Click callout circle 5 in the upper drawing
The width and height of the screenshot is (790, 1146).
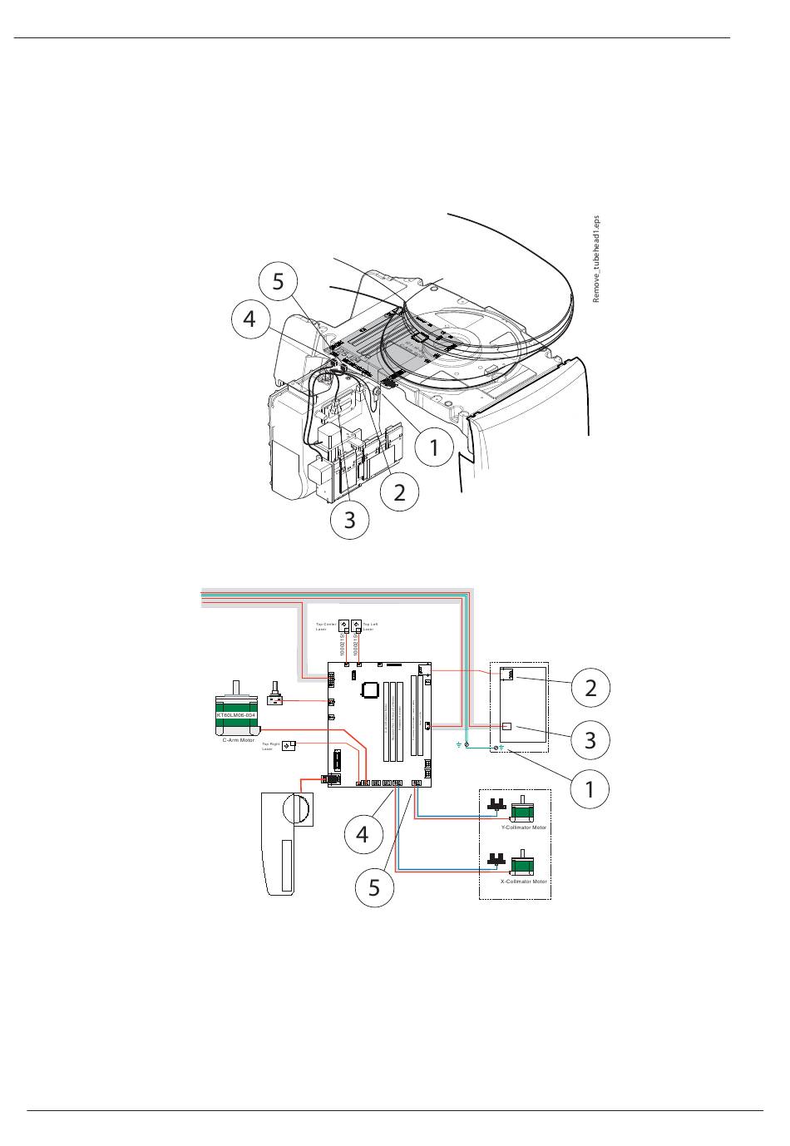point(278,282)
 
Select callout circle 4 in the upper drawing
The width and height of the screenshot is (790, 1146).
point(249,319)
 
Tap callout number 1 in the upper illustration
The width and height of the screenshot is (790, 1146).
point(434,448)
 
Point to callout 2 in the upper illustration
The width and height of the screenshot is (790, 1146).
point(400,491)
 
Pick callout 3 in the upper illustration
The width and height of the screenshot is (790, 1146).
point(349,520)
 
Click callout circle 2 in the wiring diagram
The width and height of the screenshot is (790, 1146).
point(590,688)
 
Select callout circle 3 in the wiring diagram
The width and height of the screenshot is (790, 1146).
point(590,739)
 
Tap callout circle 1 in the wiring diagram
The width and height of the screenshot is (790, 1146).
point(590,788)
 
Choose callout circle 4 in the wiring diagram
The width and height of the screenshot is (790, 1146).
point(363,833)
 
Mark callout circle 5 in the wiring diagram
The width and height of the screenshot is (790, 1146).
point(374,887)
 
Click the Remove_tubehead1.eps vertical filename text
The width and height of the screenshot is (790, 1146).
point(595,259)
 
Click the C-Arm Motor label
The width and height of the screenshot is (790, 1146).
point(238,739)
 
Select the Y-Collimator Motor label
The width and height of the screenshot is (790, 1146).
point(524,827)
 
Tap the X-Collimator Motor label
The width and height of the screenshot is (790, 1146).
point(524,881)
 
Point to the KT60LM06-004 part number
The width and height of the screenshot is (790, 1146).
point(237,715)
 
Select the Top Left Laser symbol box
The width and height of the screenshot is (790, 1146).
point(357,626)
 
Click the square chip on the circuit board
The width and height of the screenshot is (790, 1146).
point(370,689)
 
